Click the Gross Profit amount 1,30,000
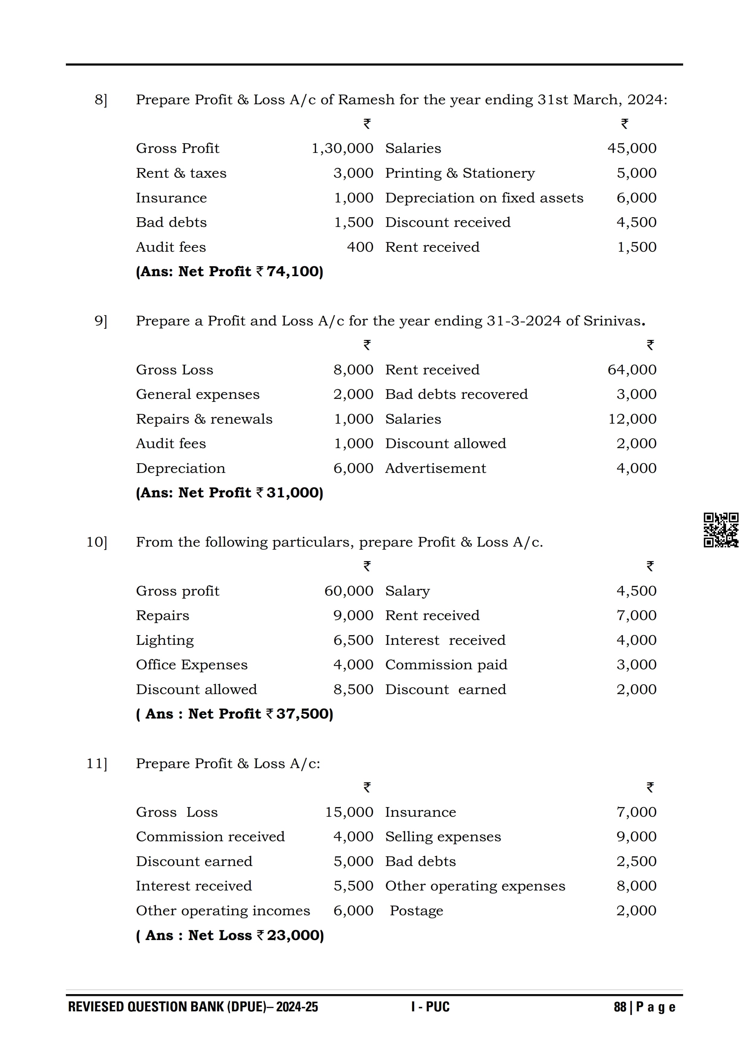[x=342, y=149]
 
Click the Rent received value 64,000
[x=631, y=370]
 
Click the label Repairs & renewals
[x=204, y=419]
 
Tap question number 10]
[x=97, y=542]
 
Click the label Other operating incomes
[x=223, y=911]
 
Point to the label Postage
[x=416, y=911]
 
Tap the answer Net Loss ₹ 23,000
[x=230, y=935]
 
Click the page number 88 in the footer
[x=620, y=1007]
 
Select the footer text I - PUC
[x=430, y=1007]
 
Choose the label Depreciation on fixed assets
[x=484, y=198]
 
